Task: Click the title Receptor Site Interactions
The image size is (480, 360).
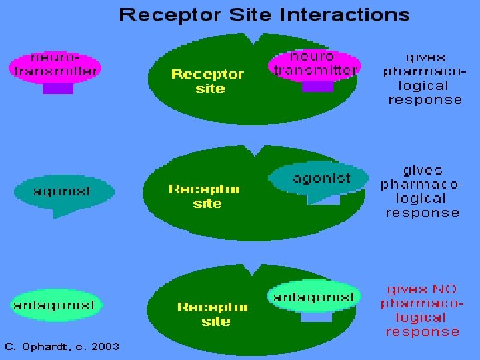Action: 264,15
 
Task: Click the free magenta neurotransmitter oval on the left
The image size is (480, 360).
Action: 54,65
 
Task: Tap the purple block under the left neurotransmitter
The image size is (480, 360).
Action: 58,88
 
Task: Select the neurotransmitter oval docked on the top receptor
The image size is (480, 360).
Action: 315,63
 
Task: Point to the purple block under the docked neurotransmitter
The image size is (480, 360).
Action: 317,86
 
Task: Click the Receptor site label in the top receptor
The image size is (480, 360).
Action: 208,81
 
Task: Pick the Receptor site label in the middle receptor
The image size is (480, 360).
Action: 205,196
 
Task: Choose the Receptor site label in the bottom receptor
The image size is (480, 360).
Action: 213,314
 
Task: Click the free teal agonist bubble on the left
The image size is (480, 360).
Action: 61,191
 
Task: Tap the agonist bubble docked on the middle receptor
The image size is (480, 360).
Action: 321,178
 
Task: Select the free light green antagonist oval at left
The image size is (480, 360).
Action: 54,305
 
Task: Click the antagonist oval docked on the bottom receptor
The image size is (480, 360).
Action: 315,297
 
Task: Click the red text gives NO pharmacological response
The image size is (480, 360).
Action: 423,310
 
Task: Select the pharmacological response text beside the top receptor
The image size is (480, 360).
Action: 425,79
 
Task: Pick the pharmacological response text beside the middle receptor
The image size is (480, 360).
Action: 423,191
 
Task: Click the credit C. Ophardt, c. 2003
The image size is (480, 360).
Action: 62,346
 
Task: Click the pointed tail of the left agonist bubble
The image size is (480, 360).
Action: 56,214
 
